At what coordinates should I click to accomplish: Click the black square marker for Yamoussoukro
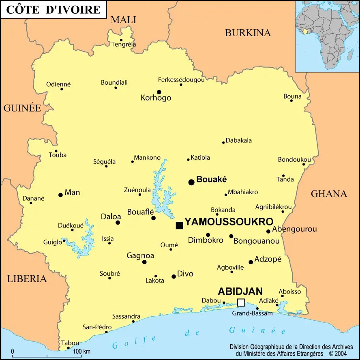tap(179, 225)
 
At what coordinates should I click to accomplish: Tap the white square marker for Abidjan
tap(241, 302)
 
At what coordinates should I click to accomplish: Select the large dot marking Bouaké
tap(191, 182)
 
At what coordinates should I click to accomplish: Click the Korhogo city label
tap(156, 98)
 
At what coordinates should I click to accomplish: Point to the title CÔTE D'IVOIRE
tap(54, 9)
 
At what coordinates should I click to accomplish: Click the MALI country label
tap(124, 19)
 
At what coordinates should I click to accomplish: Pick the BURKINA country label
tap(248, 33)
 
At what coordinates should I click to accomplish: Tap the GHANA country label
tap(329, 194)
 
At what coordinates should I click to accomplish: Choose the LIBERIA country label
tap(27, 279)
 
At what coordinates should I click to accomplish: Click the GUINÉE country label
tap(22, 108)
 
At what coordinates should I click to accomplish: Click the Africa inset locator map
tap(327, 36)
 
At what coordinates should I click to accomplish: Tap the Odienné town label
tap(58, 84)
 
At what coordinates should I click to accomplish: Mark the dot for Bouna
tap(291, 101)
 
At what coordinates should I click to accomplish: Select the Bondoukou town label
tap(294, 159)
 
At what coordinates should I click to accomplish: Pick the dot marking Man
tap(60, 195)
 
